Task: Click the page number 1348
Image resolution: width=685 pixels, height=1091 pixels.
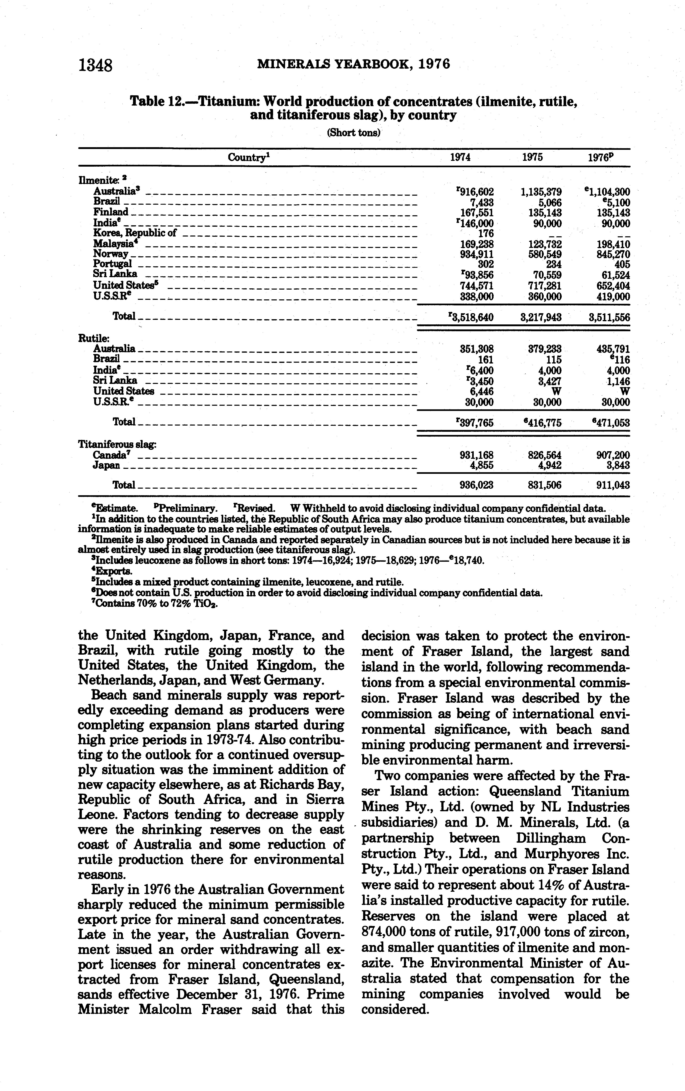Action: click(95, 66)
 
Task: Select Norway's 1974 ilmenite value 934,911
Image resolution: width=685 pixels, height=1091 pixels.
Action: click(477, 254)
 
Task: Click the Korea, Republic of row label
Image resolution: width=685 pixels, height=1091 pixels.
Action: click(134, 233)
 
